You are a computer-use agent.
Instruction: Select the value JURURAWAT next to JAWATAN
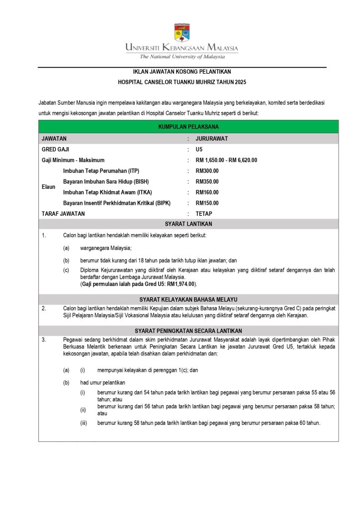(212, 139)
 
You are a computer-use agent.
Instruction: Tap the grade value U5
(199, 149)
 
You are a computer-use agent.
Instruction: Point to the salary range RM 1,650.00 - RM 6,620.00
(226, 160)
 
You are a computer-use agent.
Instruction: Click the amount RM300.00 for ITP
(207, 171)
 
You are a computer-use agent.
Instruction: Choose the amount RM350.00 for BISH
(207, 181)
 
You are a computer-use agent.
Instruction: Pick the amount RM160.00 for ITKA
(207, 192)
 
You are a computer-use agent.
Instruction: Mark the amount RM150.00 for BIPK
(207, 203)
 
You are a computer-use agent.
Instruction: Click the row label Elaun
(49, 187)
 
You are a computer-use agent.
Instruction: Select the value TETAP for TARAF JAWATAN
(204, 214)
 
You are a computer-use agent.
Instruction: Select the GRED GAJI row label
(56, 149)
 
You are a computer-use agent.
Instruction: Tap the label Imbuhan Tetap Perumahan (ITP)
(101, 171)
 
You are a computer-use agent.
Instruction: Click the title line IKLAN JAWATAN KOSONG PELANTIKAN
(182, 72)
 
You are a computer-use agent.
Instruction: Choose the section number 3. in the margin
(44, 339)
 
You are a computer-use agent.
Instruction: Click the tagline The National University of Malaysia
(182, 56)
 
